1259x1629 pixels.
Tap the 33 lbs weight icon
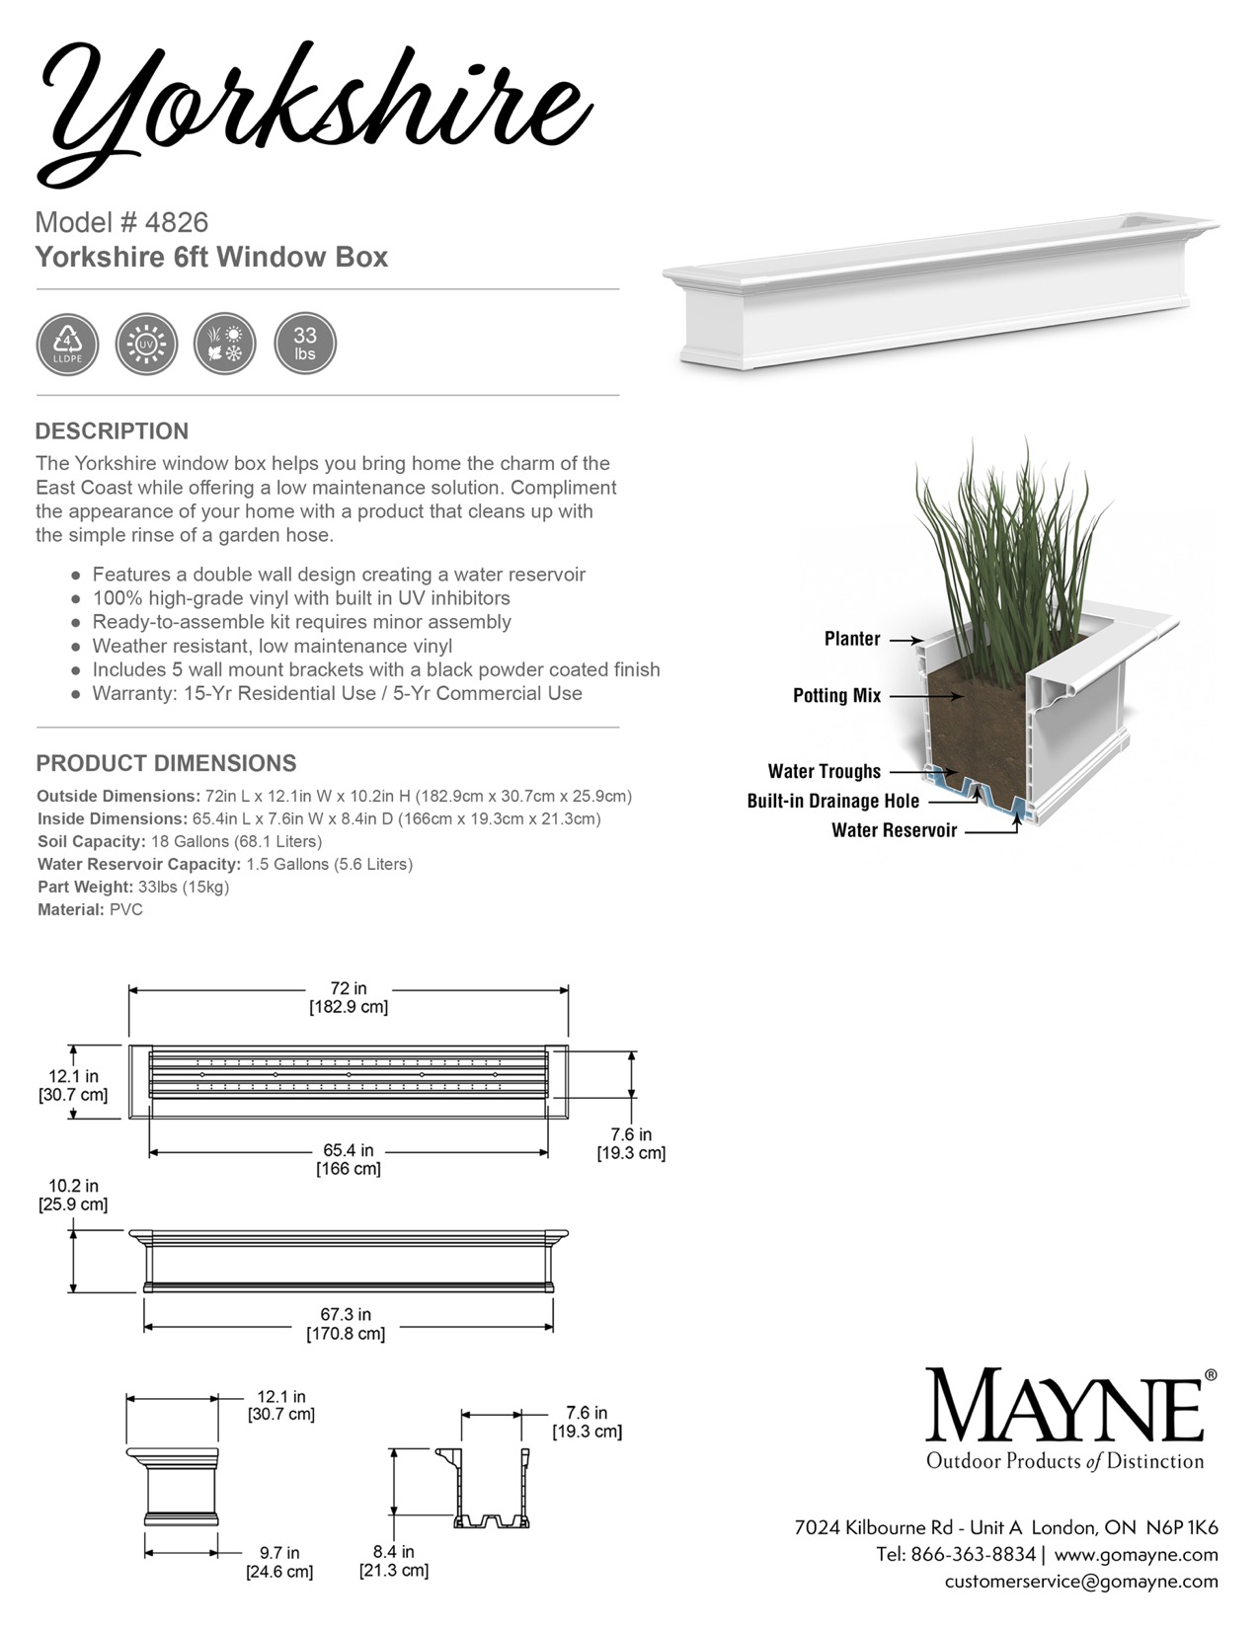tap(304, 345)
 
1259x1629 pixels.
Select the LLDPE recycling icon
tap(67, 345)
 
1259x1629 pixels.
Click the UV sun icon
tap(146, 345)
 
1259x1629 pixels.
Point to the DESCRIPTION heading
tap(112, 431)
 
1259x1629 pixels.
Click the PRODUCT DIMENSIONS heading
tap(166, 763)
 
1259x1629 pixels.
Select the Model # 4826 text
tap(121, 222)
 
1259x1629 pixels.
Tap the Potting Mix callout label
tap(836, 696)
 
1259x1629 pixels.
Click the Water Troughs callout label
tap(824, 771)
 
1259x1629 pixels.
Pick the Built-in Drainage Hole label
tap(832, 801)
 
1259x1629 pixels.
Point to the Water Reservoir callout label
tap(894, 830)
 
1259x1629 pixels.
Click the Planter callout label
tap(852, 639)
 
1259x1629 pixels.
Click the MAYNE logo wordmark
tap(1064, 1406)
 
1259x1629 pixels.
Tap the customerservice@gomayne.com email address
tap(1081, 1582)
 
